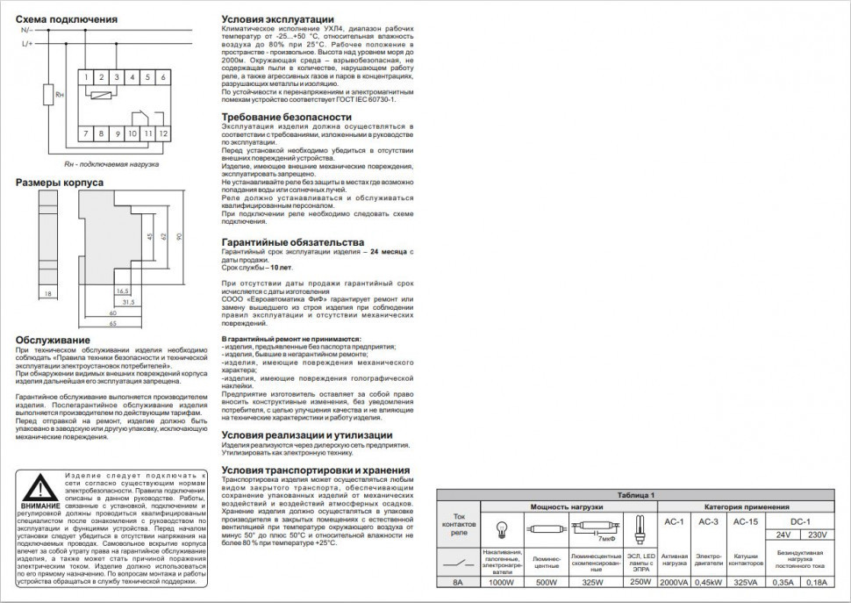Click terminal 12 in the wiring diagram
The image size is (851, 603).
(x=163, y=133)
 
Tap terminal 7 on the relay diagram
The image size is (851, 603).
(x=85, y=133)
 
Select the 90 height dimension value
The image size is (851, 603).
(x=180, y=237)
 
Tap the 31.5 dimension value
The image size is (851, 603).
(x=127, y=301)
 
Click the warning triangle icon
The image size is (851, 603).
(x=38, y=489)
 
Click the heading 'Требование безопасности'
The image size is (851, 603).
(x=286, y=117)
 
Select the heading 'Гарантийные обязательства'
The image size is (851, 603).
(x=292, y=241)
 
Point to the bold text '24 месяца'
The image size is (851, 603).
(x=389, y=251)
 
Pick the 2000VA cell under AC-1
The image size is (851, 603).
(x=675, y=581)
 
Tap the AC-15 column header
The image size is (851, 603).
(x=745, y=521)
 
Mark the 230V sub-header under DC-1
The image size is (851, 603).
(x=815, y=535)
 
